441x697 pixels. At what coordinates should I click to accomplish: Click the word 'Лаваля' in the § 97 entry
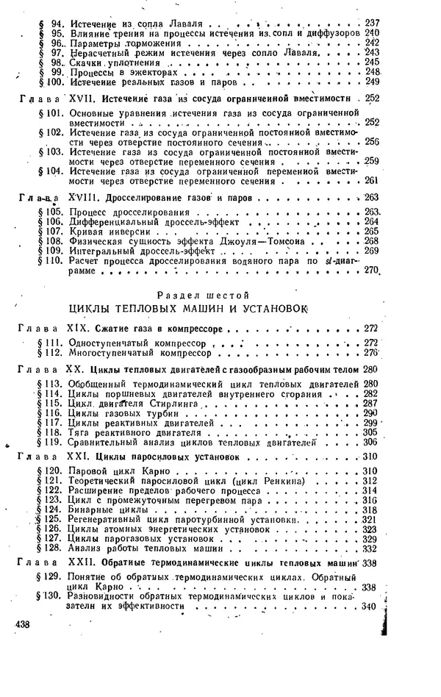point(295,53)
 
